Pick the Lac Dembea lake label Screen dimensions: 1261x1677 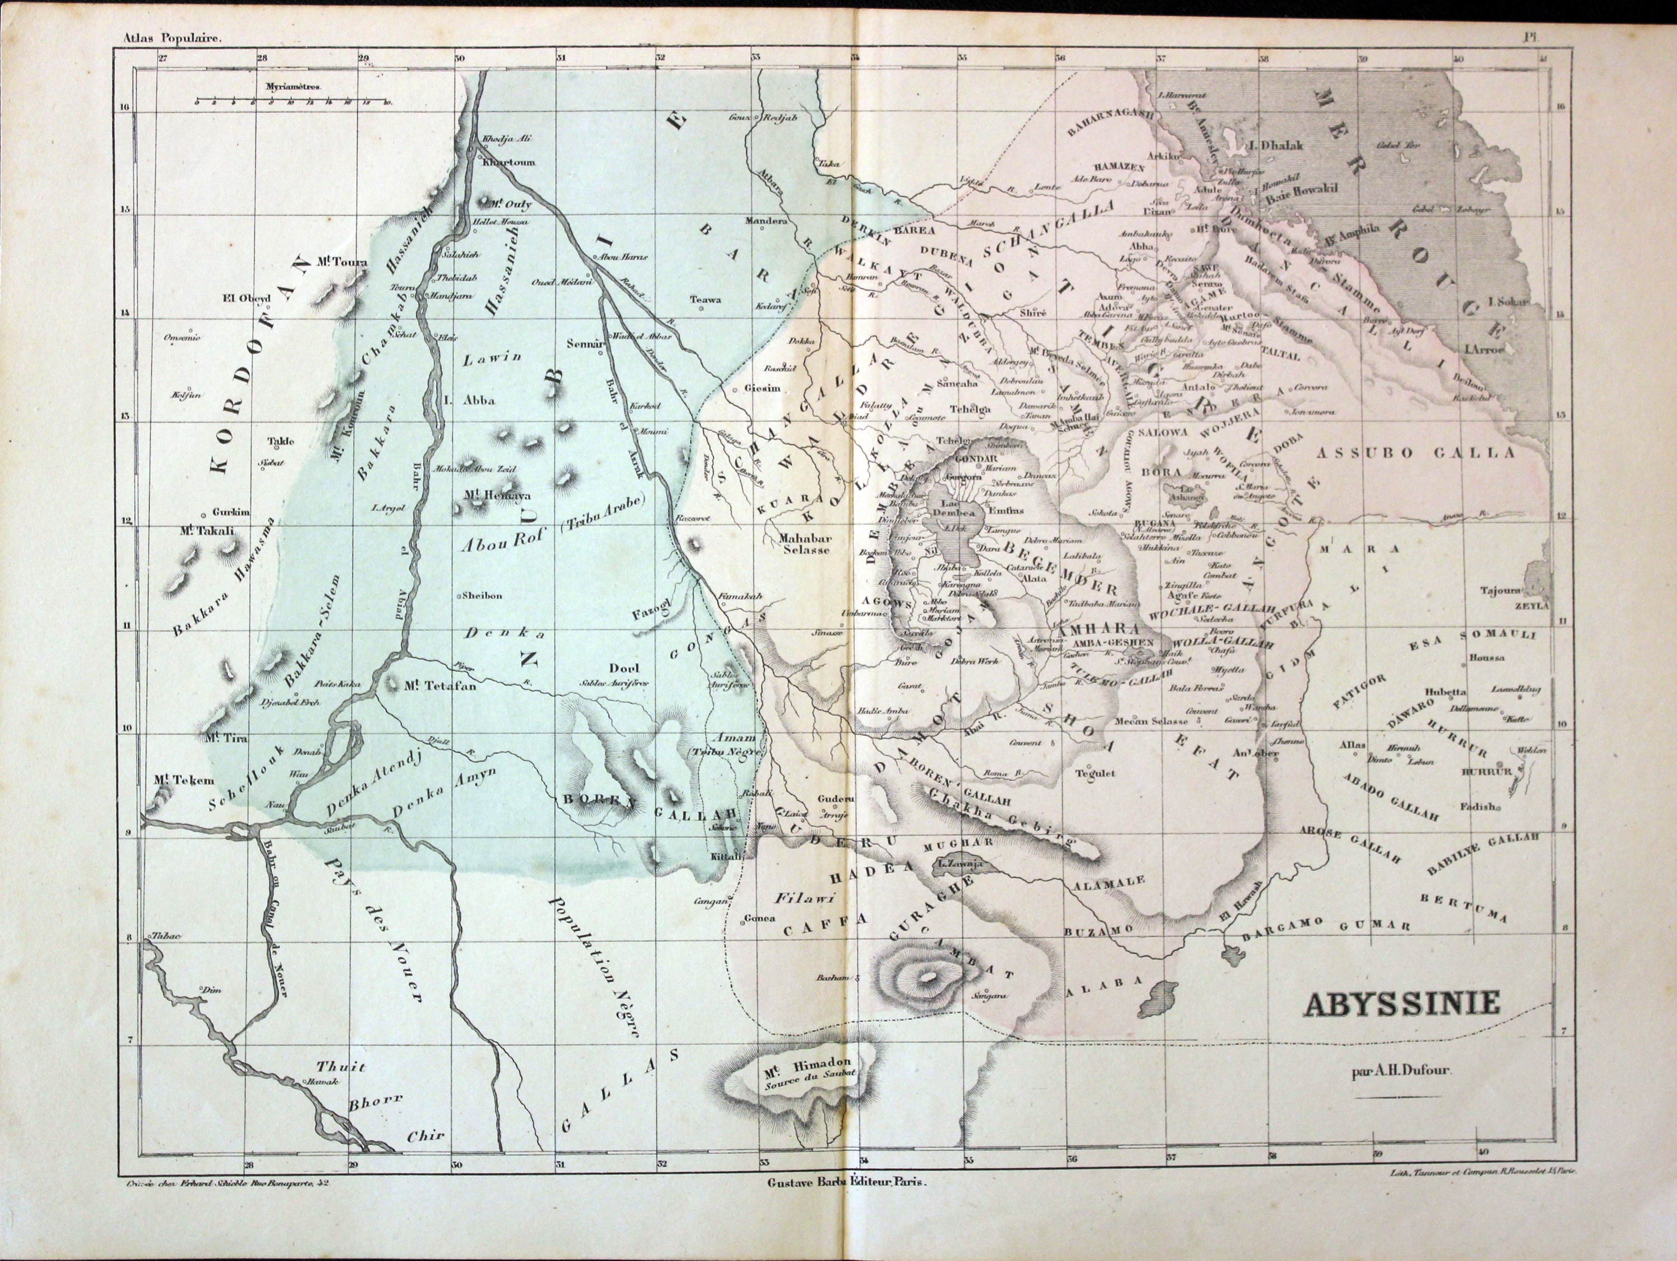pyautogui.click(x=958, y=508)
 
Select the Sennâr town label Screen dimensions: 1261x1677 pyautogui.click(x=585, y=343)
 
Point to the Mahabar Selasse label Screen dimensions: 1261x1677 pyautogui.click(x=805, y=544)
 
